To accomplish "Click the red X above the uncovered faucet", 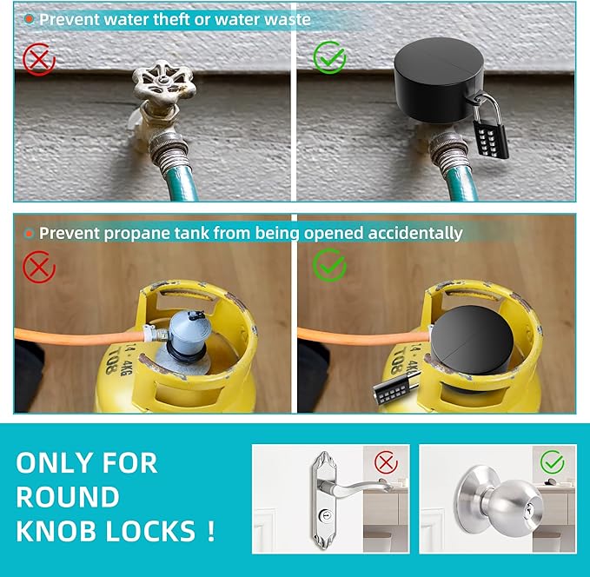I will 38,58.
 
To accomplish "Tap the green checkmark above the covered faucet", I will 329,58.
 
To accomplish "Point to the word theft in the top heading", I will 162,19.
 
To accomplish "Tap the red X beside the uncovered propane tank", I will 38,267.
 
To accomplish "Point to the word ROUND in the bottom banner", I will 68,497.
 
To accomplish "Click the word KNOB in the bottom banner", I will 63,529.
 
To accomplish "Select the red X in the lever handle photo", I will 386,461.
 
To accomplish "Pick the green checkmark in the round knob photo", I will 552,461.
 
